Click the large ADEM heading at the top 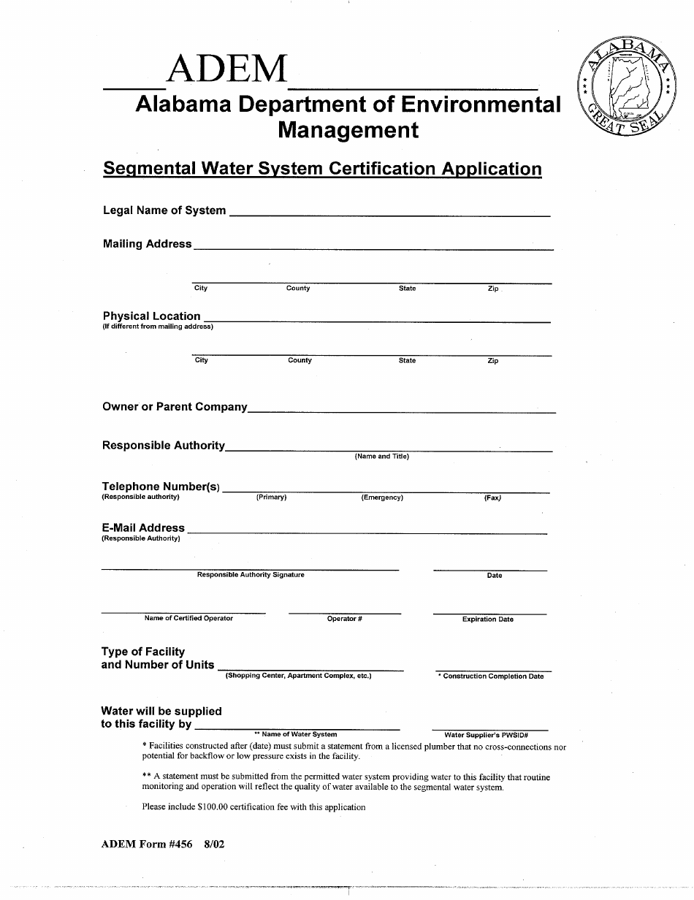tap(227, 70)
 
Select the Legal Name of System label tap(164, 210)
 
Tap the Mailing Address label tap(147, 244)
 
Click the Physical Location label tap(151, 316)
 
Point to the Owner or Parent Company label tap(175, 407)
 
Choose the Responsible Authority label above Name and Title tap(164, 446)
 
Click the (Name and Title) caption tap(382, 457)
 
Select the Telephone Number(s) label tap(161, 487)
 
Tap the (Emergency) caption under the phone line tap(382, 497)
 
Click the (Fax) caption tap(492, 498)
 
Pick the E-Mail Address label tap(143, 527)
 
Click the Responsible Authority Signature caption tap(251, 575)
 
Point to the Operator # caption tap(345, 619)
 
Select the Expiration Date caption tap(487, 619)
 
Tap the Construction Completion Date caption tap(492, 676)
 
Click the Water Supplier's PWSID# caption tap(486, 735)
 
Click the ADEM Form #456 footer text tap(147, 844)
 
